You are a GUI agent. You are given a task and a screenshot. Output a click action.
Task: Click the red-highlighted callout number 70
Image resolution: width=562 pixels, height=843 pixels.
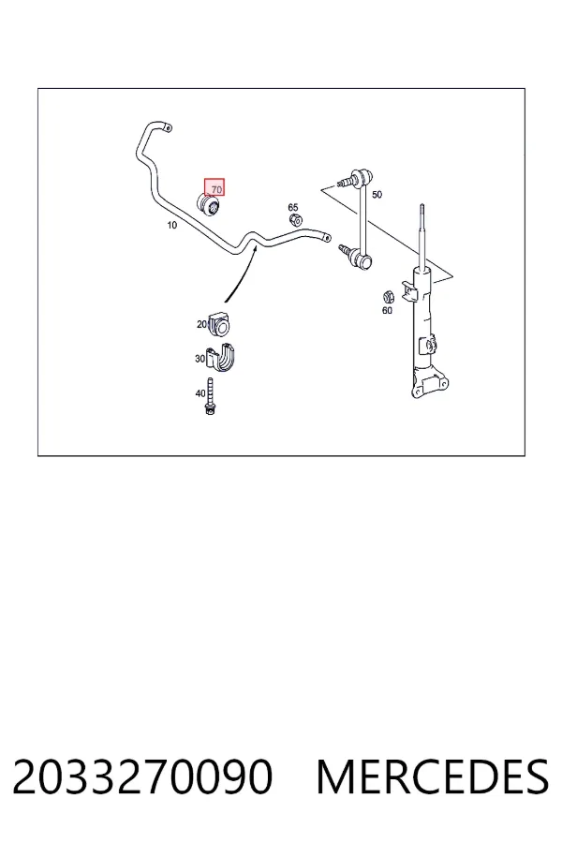point(216,189)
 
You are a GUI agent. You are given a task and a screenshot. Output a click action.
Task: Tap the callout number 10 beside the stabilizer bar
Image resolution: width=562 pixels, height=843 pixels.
point(171,225)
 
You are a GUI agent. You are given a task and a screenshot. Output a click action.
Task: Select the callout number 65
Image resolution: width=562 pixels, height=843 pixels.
point(292,207)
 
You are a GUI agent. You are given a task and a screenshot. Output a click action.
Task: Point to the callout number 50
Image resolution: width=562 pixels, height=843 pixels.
point(377,194)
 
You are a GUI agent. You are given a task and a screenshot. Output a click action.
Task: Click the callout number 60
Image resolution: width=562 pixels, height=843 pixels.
point(387,310)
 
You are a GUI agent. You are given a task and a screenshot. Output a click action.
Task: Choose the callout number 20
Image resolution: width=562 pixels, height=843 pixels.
point(201,324)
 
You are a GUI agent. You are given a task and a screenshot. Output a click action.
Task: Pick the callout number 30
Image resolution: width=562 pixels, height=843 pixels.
point(200,358)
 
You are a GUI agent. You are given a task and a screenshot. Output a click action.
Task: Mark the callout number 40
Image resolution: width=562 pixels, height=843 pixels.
point(200,393)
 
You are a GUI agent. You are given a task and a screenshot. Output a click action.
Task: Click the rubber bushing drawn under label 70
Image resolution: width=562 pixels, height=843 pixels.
point(209,204)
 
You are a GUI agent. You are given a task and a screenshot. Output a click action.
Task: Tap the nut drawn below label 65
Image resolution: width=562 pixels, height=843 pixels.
point(295,219)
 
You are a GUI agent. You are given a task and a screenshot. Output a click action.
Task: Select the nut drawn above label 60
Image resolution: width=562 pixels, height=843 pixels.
point(389,296)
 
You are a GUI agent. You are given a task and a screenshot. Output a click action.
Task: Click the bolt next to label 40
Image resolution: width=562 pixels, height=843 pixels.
point(210,396)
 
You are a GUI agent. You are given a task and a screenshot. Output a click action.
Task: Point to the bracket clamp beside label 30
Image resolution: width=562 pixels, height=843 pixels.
point(222,357)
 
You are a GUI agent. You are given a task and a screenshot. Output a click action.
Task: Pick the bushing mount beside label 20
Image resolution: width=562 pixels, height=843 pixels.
point(219,323)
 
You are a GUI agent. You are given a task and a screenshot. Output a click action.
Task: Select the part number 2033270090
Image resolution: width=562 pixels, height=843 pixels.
point(142,776)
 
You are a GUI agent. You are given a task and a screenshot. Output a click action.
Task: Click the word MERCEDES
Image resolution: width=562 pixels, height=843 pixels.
point(433,776)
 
